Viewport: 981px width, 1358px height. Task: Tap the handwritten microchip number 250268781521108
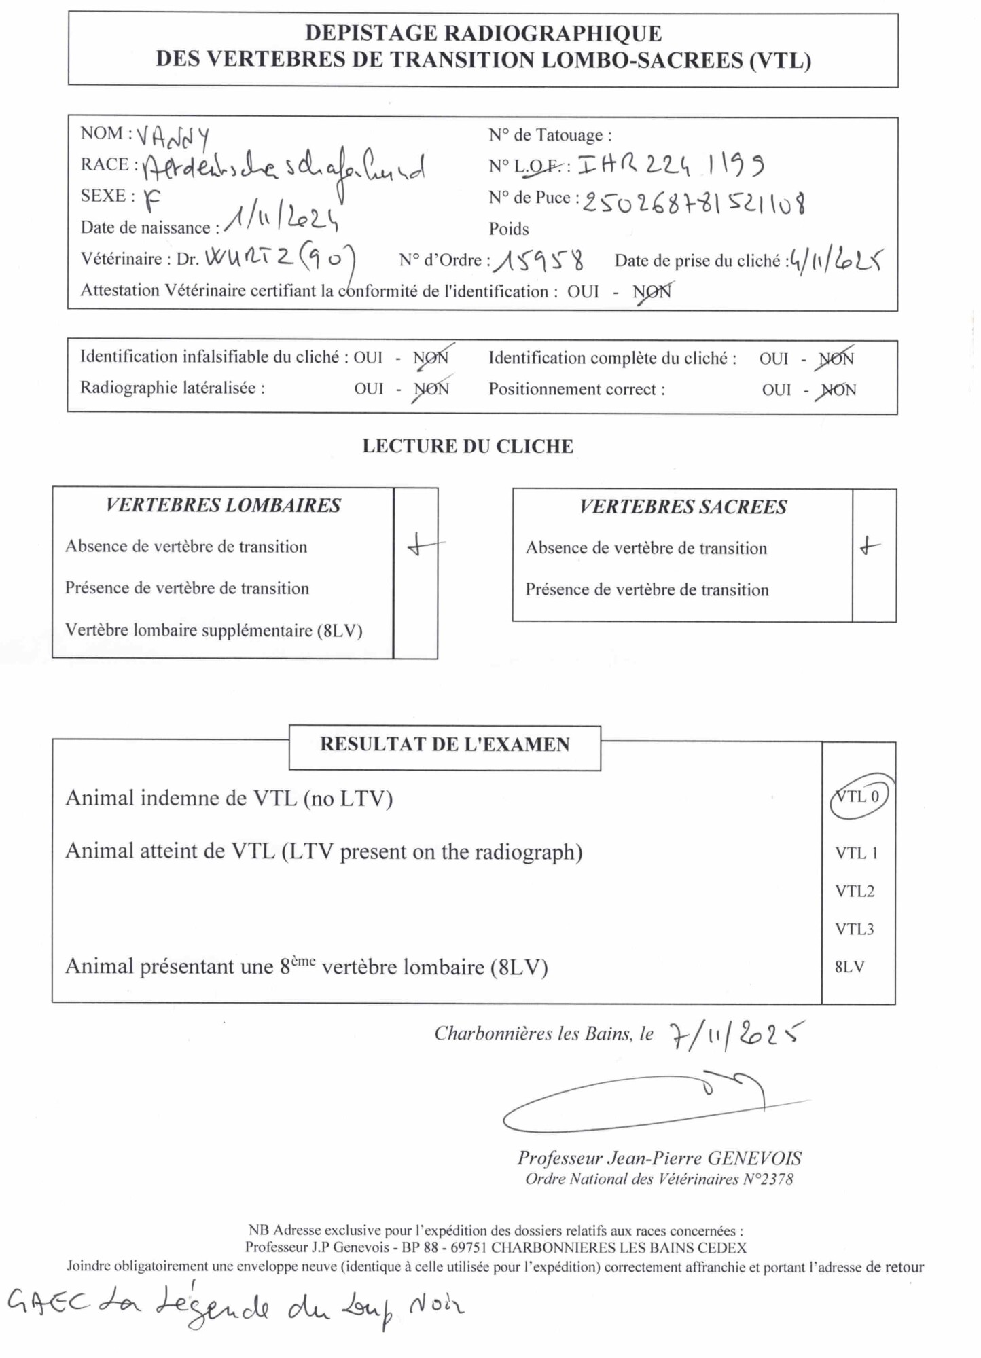click(x=694, y=202)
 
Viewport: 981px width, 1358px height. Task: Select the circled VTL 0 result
click(x=858, y=796)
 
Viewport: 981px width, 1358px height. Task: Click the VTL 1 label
click(x=856, y=853)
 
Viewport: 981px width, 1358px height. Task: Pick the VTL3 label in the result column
click(x=854, y=929)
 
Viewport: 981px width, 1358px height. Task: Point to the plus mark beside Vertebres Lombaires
click(x=423, y=545)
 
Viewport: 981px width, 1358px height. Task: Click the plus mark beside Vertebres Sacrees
click(x=870, y=546)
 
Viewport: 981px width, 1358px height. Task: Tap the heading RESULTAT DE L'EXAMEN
click(x=444, y=744)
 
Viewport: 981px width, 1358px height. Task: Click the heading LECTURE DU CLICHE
click(x=467, y=446)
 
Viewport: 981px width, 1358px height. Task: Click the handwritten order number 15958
click(x=539, y=260)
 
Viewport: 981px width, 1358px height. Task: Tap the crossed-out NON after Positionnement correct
click(x=838, y=390)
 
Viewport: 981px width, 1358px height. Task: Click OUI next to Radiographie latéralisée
click(x=369, y=388)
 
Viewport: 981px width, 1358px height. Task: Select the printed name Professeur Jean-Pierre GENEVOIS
click(x=659, y=1158)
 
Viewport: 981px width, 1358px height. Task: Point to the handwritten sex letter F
click(x=153, y=198)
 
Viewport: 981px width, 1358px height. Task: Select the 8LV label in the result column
click(x=849, y=967)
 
